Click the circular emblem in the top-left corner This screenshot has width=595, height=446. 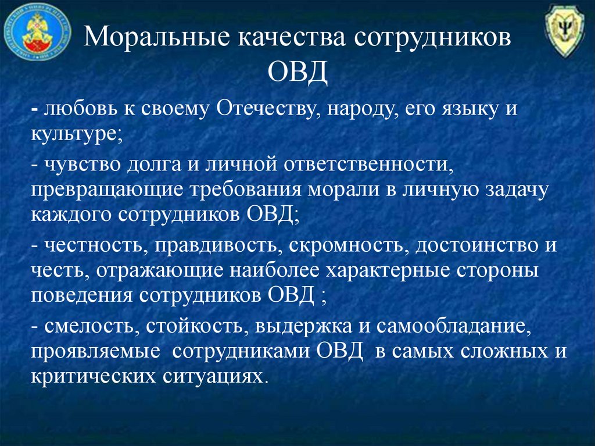click(37, 32)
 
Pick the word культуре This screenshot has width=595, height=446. click(76, 134)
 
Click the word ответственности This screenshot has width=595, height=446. click(368, 165)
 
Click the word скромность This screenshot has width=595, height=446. click(349, 245)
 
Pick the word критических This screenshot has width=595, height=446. click(94, 376)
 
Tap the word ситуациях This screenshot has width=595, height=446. click(213, 377)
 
